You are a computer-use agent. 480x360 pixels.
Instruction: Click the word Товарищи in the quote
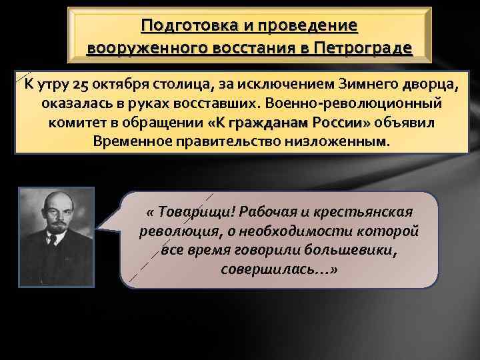(x=195, y=211)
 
